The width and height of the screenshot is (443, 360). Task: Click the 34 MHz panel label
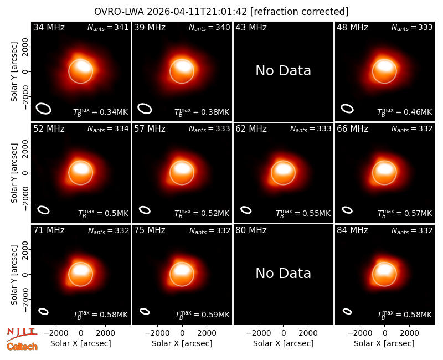49,27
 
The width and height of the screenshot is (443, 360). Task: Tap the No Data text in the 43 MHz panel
283,71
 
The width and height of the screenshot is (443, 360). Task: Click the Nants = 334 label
108,129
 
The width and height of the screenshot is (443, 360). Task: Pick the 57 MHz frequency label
150,129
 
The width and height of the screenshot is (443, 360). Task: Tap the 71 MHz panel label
49,230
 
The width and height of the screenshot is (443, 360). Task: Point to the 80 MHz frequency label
251,230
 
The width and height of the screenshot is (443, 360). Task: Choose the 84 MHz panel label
352,230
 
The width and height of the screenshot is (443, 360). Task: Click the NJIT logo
22,334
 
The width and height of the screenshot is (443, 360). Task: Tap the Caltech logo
22,347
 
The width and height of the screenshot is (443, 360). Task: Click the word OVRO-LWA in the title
119,12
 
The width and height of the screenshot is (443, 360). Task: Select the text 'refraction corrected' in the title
299,12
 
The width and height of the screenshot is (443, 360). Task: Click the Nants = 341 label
108,27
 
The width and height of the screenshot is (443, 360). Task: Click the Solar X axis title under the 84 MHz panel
384,343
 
